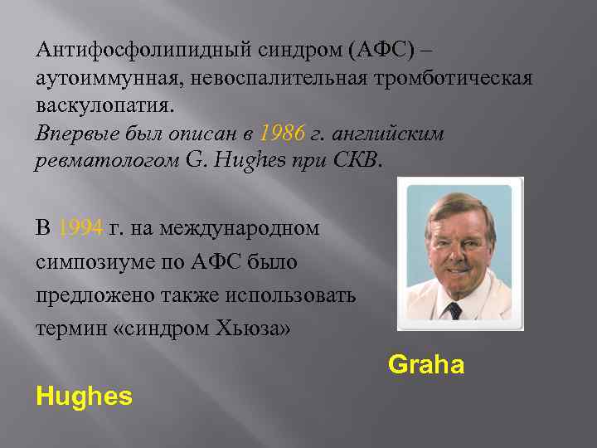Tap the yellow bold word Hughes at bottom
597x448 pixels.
[84, 397]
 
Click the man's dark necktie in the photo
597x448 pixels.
[454, 310]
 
